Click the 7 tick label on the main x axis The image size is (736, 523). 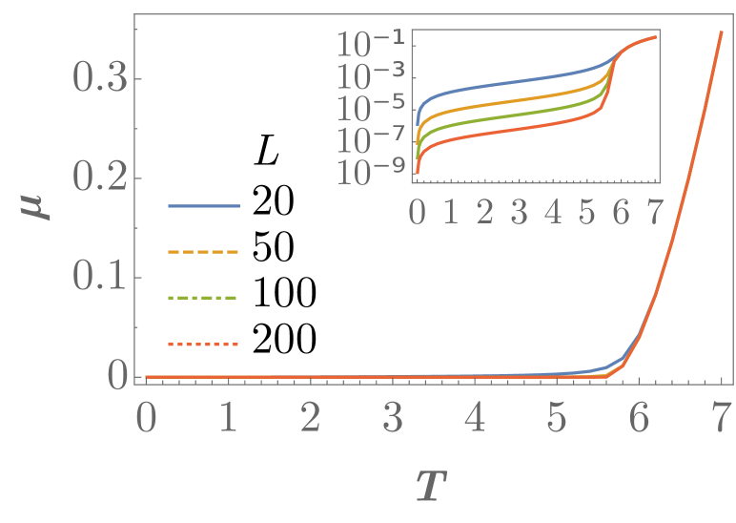click(x=721, y=419)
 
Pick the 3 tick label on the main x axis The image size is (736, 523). click(x=392, y=419)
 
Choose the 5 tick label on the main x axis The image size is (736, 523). click(x=556, y=419)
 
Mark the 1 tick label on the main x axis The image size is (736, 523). click(x=228, y=419)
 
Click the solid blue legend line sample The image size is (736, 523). click(x=203, y=206)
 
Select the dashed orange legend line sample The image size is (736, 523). click(x=203, y=252)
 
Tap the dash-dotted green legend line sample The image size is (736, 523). click(x=203, y=298)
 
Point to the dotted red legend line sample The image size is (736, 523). click(x=203, y=344)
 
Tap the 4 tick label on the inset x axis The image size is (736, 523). click(x=553, y=211)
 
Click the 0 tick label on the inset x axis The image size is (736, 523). click(x=418, y=211)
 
